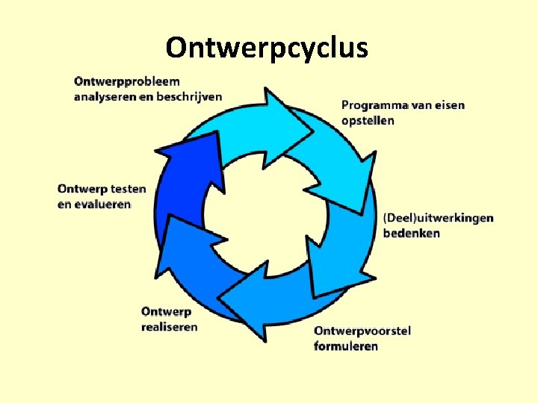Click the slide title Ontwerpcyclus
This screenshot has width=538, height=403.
pos(267,48)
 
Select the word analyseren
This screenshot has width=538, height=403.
pos(105,96)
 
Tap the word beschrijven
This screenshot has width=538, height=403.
pos(189,96)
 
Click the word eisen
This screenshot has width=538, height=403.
pos(450,105)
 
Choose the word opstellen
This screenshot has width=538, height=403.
pos(368,120)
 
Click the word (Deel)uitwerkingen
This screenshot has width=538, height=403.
pos(438,218)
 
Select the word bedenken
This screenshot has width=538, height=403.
pos(412,233)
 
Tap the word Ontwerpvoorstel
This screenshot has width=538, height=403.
pos(362,331)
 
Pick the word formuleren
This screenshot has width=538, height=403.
pos(346,346)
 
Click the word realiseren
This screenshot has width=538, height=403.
pos(170,327)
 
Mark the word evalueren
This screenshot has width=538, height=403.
pos(94,204)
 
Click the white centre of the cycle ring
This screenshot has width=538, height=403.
pos(265,216)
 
